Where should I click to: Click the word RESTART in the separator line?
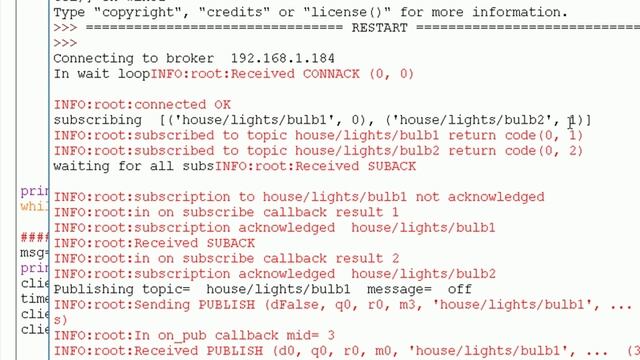pyautogui.click(x=375, y=28)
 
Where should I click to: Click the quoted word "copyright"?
pyautogui.click(x=137, y=12)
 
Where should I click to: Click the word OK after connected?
pyautogui.click(x=222, y=104)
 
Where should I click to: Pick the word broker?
pyautogui.click(x=187, y=58)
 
